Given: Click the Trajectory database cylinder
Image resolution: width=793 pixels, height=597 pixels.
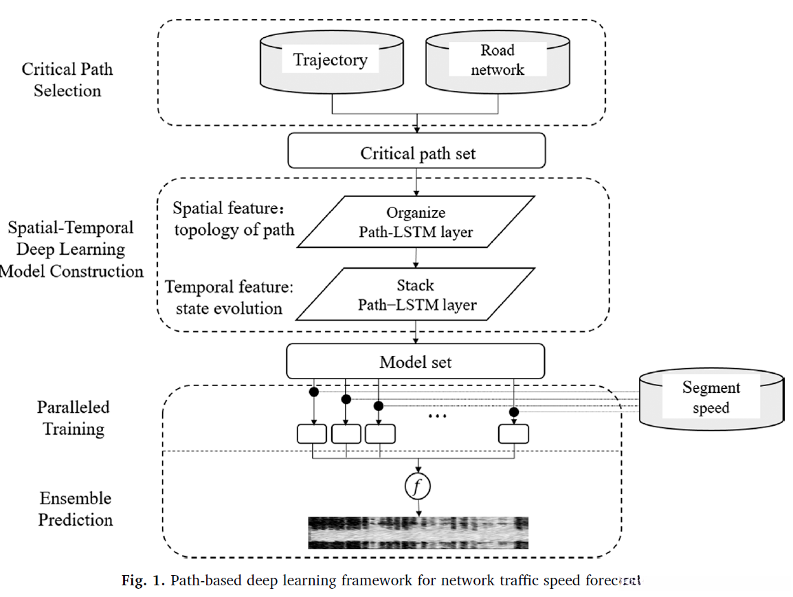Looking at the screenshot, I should [x=332, y=63].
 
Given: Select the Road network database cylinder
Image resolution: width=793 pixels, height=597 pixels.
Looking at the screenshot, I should [x=498, y=63].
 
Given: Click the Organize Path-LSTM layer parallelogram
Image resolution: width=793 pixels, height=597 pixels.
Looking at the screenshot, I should [x=416, y=222].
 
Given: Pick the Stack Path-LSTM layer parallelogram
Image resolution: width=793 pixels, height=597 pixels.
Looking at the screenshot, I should [x=416, y=294].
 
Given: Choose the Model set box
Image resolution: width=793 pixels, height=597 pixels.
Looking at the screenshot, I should [x=415, y=361].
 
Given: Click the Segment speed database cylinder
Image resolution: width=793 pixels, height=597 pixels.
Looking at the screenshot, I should [x=711, y=398].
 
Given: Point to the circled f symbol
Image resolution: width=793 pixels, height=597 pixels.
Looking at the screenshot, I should [x=417, y=487].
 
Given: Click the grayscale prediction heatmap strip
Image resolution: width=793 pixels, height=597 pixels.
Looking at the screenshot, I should [x=417, y=533].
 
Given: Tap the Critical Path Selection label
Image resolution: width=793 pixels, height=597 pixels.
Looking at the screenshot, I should [x=67, y=80].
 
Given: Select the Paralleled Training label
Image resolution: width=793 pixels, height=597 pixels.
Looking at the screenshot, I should [x=73, y=418].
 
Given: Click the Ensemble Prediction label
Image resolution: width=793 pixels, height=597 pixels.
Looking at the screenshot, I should [x=75, y=509].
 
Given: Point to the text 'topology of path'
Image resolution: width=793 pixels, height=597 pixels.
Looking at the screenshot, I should [x=234, y=229].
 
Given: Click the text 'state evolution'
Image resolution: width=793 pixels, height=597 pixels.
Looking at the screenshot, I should [x=229, y=308].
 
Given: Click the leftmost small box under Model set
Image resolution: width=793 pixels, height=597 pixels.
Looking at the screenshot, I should [x=311, y=434].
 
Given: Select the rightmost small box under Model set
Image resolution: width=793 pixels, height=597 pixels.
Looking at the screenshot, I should [x=513, y=434].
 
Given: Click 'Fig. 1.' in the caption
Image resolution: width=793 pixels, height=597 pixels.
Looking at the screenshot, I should [x=143, y=581].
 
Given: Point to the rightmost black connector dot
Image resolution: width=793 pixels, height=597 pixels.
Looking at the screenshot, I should [x=513, y=412].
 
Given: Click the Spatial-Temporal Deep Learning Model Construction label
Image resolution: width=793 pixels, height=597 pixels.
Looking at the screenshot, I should [x=71, y=249].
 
